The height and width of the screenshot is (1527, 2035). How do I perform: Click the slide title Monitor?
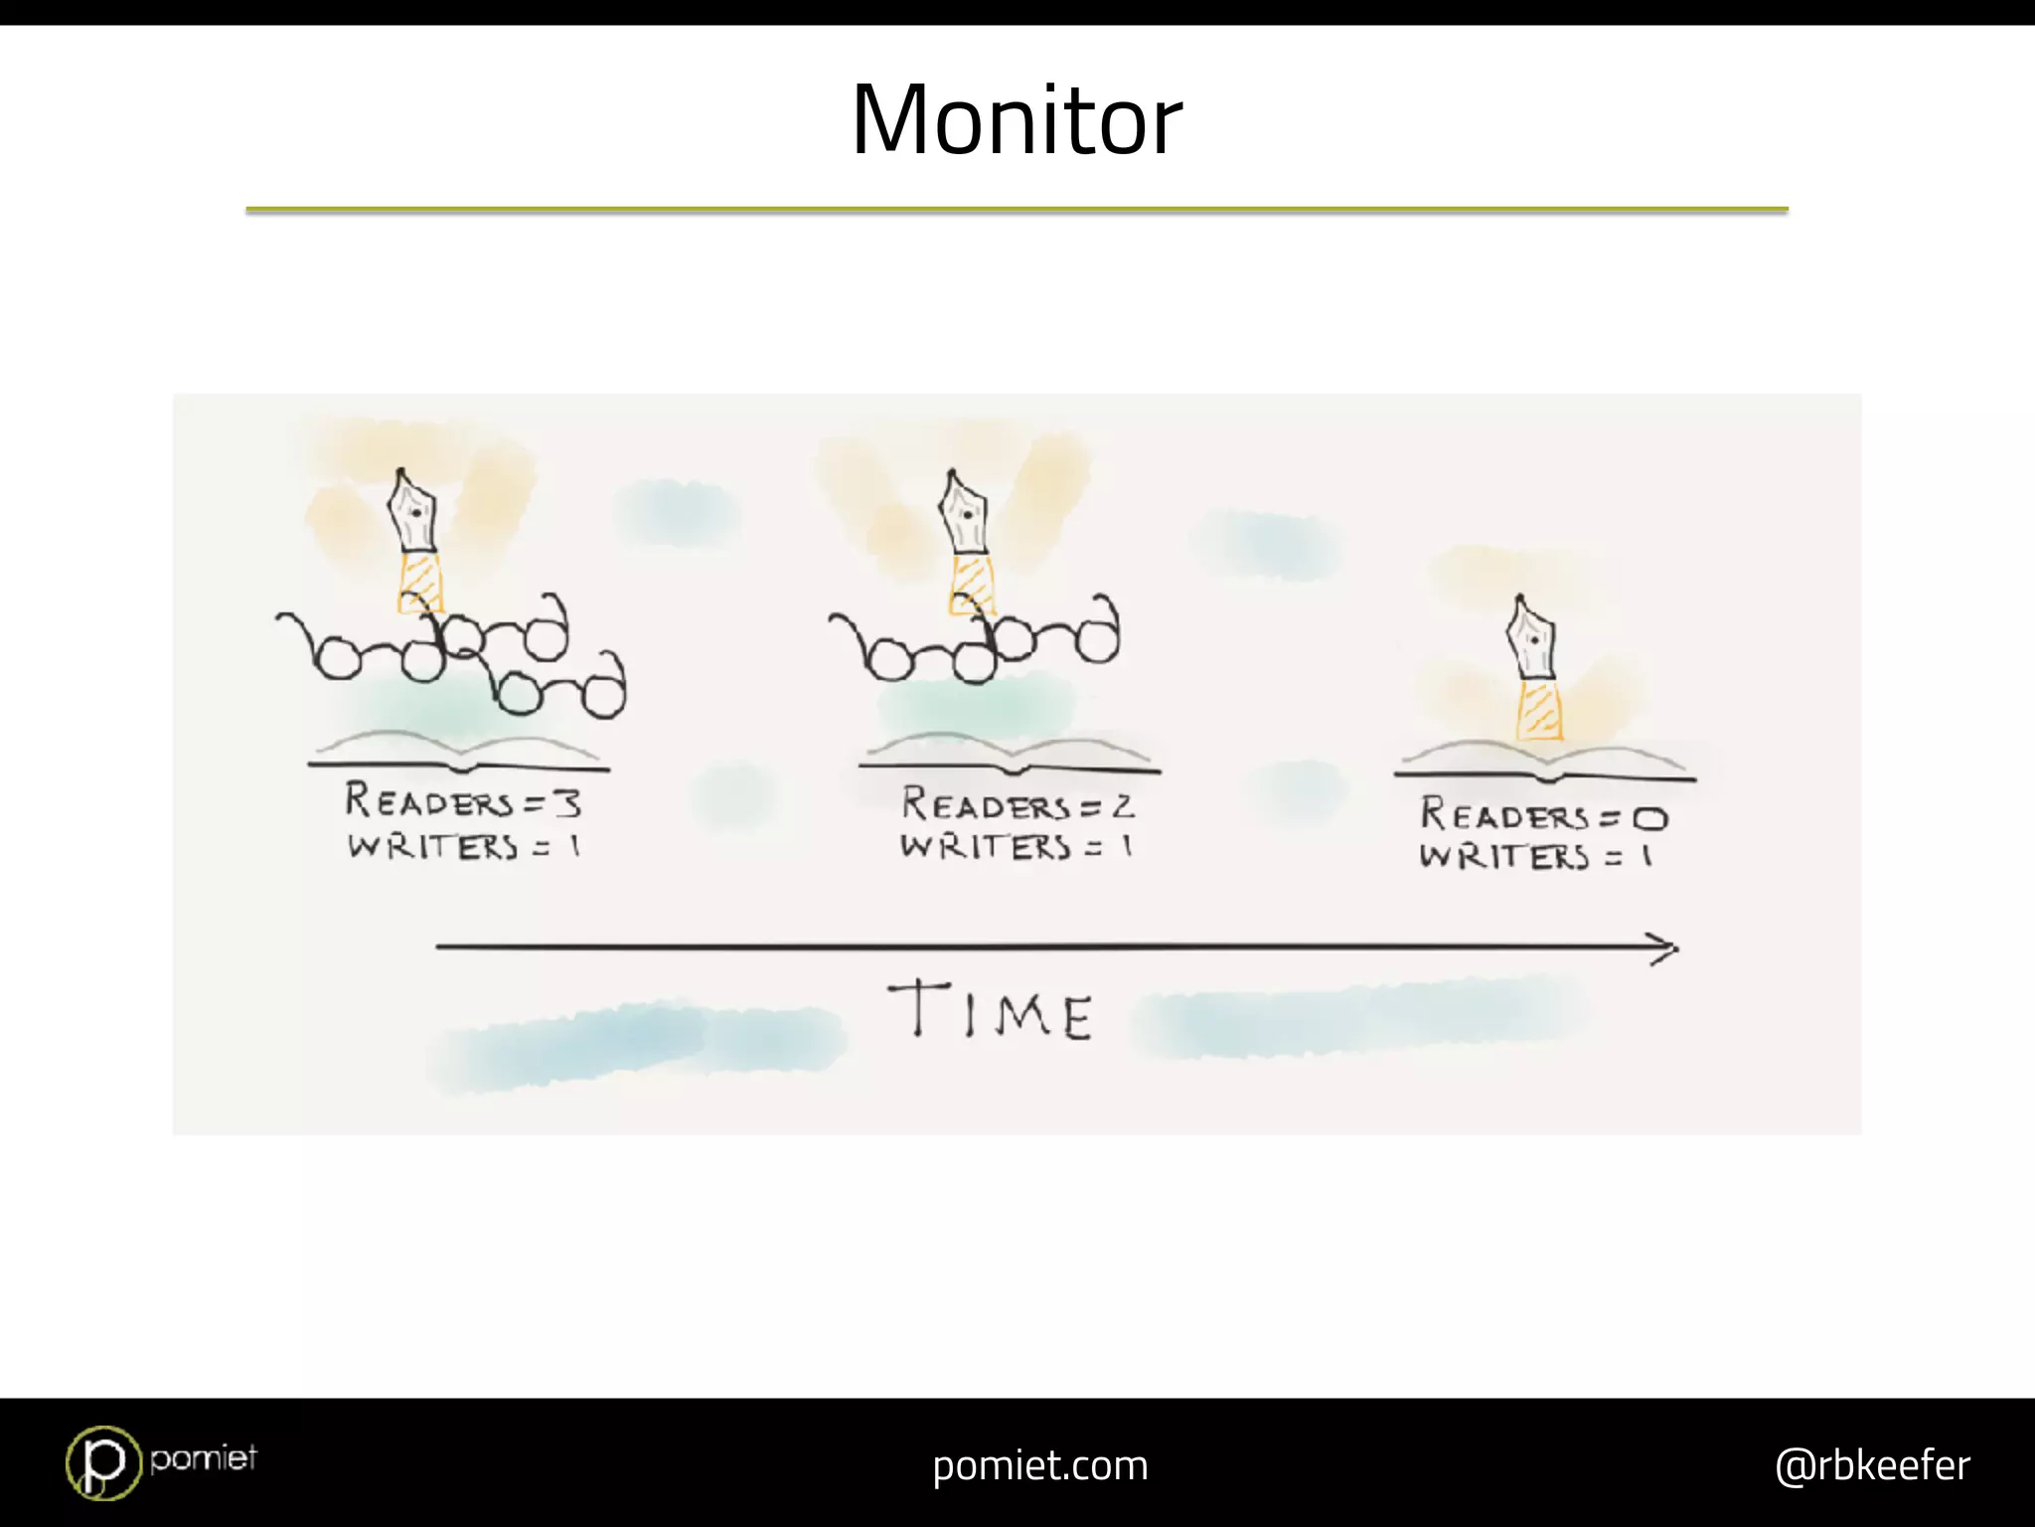(1017, 120)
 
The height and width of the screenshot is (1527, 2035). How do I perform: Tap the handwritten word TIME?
(991, 1010)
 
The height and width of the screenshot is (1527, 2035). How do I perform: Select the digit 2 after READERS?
(1123, 806)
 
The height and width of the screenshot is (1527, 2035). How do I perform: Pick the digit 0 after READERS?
(1649, 818)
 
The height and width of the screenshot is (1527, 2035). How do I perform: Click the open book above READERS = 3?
(459, 753)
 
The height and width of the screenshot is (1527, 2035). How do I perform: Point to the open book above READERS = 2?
(1010, 756)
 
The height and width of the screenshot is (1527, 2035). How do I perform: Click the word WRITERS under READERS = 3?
(432, 847)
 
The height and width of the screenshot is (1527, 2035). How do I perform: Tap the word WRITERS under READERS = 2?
(986, 847)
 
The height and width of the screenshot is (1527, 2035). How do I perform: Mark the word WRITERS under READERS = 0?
(1503, 856)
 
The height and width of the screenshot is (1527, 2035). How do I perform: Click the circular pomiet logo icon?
(102, 1462)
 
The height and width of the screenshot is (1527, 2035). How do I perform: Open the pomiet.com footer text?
(1039, 1465)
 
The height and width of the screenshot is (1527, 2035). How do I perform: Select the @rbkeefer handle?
(1871, 1465)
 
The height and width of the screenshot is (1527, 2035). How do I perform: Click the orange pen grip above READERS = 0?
(1538, 708)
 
